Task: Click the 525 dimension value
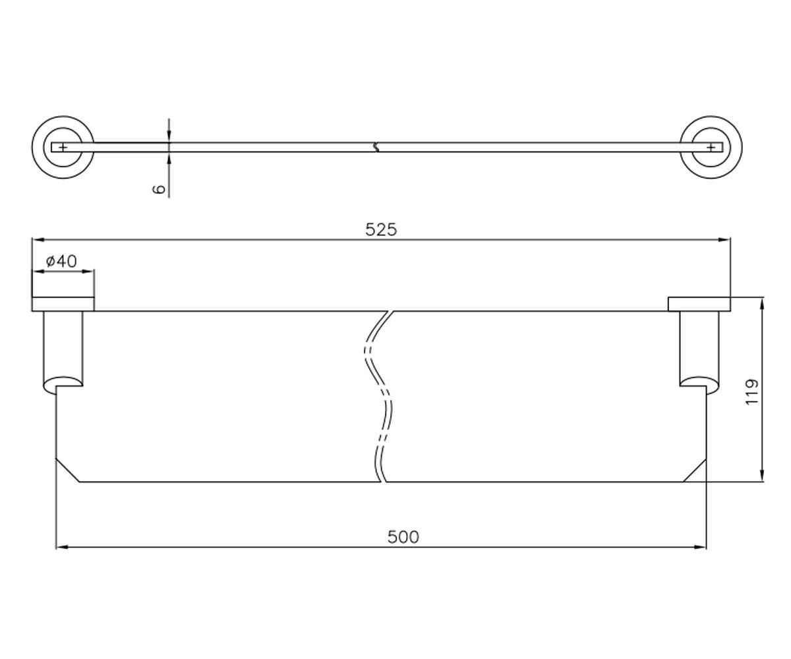pyautogui.click(x=381, y=229)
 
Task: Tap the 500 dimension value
pyautogui.click(x=403, y=537)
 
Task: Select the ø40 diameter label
pyautogui.click(x=61, y=261)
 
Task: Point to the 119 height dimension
pyautogui.click(x=752, y=392)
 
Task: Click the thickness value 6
pyautogui.click(x=159, y=188)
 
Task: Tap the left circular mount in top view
pyautogui.click(x=63, y=147)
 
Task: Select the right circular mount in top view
pyautogui.click(x=711, y=147)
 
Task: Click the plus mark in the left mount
pyautogui.click(x=63, y=147)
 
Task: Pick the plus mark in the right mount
pyautogui.click(x=711, y=147)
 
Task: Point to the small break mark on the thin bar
pyautogui.click(x=376, y=147)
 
